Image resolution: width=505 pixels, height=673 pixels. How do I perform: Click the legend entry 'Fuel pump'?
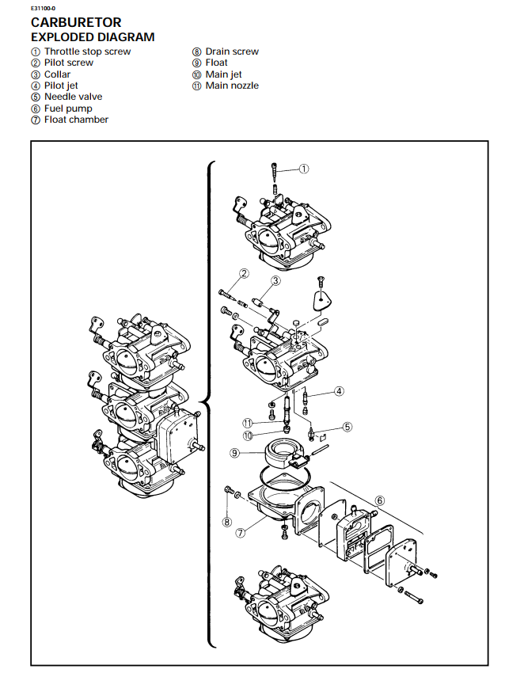[68, 108]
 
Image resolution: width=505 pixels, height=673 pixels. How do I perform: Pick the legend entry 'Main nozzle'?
[232, 86]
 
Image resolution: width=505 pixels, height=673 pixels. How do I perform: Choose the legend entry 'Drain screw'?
[232, 51]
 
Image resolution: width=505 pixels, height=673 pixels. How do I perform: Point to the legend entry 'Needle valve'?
[73, 97]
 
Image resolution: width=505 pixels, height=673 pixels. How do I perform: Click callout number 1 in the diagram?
[303, 169]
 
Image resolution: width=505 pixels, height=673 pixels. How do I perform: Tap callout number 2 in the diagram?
[245, 273]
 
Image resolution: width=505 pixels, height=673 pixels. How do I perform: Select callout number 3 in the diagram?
[275, 280]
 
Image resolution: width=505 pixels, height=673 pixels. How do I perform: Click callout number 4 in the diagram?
[339, 390]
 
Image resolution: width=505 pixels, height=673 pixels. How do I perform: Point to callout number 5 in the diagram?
[347, 427]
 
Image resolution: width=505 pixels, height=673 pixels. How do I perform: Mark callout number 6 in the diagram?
[380, 500]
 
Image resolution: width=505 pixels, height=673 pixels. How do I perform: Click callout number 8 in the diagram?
[227, 522]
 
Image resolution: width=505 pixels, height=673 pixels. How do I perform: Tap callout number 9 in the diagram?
[234, 453]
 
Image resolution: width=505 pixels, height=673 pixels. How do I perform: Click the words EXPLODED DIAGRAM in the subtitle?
[92, 37]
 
